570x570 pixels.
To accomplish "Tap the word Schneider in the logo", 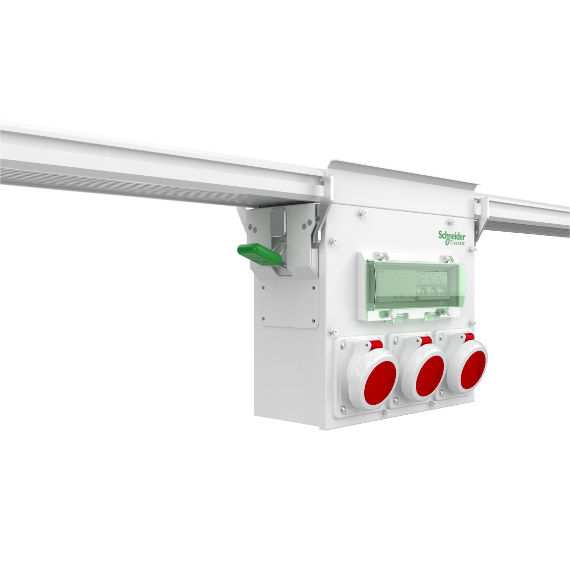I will point(452,235).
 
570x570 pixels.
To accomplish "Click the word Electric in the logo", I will point(455,243).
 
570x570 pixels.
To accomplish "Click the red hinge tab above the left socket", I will point(375,345).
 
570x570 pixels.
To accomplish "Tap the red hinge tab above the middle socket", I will point(426,341).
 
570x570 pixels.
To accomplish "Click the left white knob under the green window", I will point(393,315).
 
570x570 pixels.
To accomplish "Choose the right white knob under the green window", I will point(449,311).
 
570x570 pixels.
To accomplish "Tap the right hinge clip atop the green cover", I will point(447,258).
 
